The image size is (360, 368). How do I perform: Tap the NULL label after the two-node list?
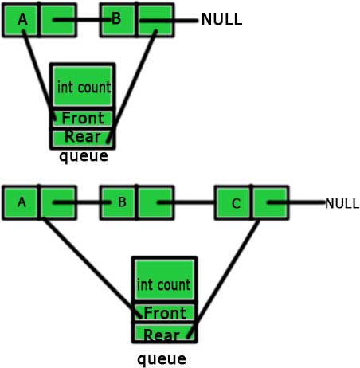pyautogui.click(x=221, y=19)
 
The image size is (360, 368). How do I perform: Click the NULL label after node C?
pyautogui.click(x=342, y=204)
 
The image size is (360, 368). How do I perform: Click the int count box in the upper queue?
pyautogui.click(x=83, y=86)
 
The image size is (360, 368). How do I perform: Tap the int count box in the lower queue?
pyautogui.click(x=165, y=280)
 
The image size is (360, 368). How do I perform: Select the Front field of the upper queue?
pyautogui.click(x=83, y=119)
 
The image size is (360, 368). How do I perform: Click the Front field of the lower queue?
pyautogui.click(x=165, y=313)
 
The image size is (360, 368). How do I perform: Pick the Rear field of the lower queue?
pyautogui.click(x=165, y=333)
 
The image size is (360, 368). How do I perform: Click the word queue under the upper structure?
pyautogui.click(x=84, y=156)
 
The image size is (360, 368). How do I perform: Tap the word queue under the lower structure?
pyautogui.click(x=162, y=359)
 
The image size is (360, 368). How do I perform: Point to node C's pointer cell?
pyautogui.click(x=270, y=203)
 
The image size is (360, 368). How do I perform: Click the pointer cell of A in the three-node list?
pyautogui.click(x=58, y=203)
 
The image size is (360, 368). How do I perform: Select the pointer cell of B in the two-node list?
pyautogui.click(x=155, y=20)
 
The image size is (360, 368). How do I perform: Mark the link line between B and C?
pyautogui.click(x=186, y=202)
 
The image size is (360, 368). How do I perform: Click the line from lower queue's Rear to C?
pyautogui.click(x=223, y=279)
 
